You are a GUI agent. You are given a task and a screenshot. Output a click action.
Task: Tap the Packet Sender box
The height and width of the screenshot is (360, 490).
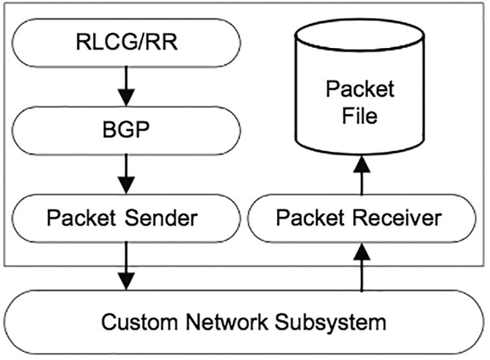123,218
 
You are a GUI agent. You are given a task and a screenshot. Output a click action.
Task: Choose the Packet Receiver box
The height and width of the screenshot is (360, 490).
358,218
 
